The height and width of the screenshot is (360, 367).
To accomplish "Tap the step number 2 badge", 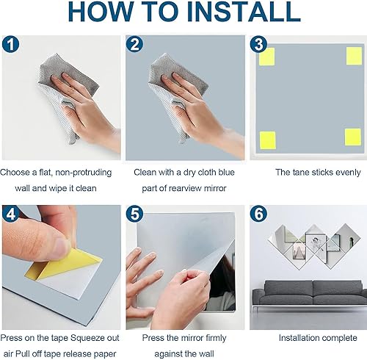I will pyautogui.click(x=135, y=44).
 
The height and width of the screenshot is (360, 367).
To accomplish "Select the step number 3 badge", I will pyautogui.click(x=258, y=44).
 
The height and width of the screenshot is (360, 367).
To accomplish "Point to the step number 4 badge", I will pyautogui.click(x=10, y=215).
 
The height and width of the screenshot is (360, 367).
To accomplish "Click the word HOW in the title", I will pyautogui.click(x=98, y=12).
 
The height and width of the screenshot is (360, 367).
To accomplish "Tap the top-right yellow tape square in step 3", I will pyautogui.click(x=353, y=57).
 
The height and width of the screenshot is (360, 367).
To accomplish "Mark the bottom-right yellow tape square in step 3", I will pyautogui.click(x=353, y=137).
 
